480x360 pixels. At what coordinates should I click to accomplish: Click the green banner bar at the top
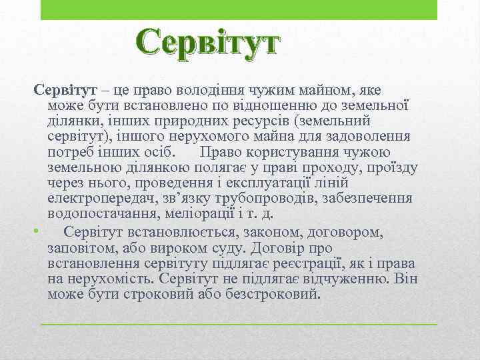click(x=239, y=10)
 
